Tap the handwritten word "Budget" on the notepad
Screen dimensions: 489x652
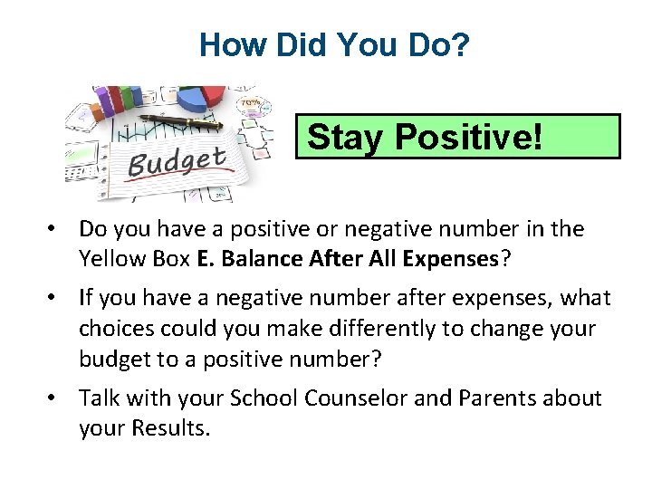pyautogui.click(x=176, y=163)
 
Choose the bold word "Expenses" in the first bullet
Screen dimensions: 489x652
pyautogui.click(x=452, y=259)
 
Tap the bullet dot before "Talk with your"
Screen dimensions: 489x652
pyautogui.click(x=56, y=398)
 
